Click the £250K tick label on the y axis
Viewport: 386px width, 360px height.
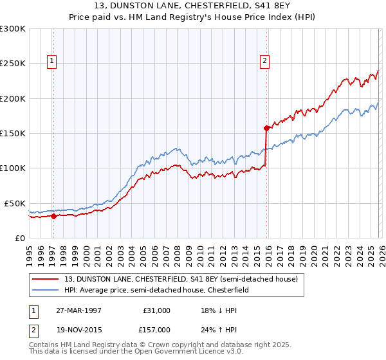click(x=13, y=64)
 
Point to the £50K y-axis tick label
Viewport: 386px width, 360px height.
click(x=15, y=203)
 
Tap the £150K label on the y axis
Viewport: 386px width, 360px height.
click(x=13, y=133)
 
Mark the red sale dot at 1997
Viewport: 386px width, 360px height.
click(x=53, y=217)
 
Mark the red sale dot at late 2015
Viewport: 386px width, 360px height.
click(x=266, y=128)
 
